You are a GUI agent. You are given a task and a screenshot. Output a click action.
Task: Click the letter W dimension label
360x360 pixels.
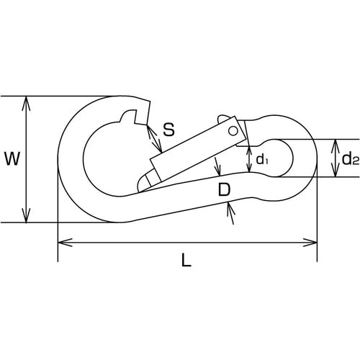tap(12, 159)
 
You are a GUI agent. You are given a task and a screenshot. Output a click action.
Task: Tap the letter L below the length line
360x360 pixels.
tap(186, 260)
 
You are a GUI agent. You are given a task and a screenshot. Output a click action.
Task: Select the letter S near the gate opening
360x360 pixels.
tap(168, 130)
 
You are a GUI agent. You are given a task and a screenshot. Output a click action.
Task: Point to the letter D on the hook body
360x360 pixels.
tap(224, 189)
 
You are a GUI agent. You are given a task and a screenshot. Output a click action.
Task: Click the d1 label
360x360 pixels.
tap(262, 159)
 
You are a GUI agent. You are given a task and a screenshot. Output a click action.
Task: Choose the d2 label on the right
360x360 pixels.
tap(351, 158)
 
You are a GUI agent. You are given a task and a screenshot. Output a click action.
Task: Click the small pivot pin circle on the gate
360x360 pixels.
tap(233, 131)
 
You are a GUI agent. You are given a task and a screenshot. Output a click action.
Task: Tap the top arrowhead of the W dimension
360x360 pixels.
tap(26, 103)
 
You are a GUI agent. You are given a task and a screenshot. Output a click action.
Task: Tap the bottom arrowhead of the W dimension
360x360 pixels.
tap(26, 215)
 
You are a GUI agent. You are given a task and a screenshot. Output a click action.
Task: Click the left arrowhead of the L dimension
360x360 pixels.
tap(66, 243)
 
